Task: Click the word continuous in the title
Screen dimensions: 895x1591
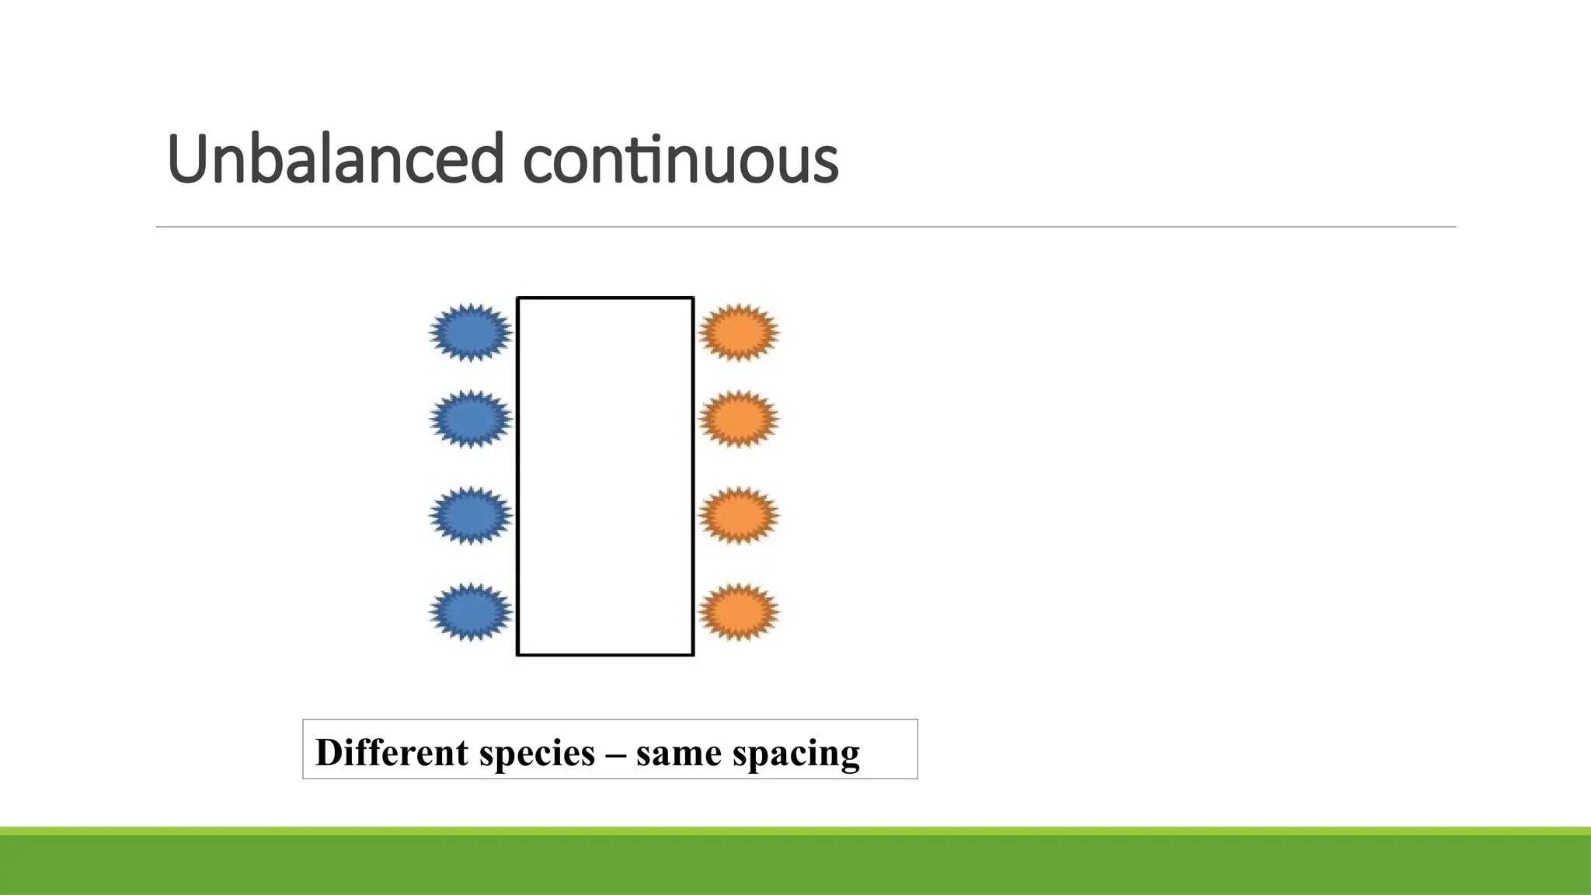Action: click(x=681, y=161)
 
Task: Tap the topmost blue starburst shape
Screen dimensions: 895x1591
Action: click(x=471, y=333)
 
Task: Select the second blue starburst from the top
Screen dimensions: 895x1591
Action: click(x=471, y=419)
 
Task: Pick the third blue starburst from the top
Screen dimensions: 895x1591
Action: click(x=471, y=515)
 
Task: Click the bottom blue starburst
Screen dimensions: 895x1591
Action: click(x=471, y=611)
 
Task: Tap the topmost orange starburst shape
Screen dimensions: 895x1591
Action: click(x=738, y=333)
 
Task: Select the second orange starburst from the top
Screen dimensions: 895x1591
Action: click(x=738, y=419)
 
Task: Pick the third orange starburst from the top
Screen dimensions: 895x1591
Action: click(x=738, y=515)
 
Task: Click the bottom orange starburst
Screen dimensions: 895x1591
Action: click(x=738, y=611)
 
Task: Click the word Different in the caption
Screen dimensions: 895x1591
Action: click(x=392, y=752)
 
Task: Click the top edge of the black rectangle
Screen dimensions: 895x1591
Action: click(x=605, y=298)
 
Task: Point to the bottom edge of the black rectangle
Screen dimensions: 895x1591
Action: click(x=605, y=655)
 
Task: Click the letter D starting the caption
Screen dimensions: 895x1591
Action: click(x=330, y=752)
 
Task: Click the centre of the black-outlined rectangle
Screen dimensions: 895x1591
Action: click(x=605, y=476)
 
